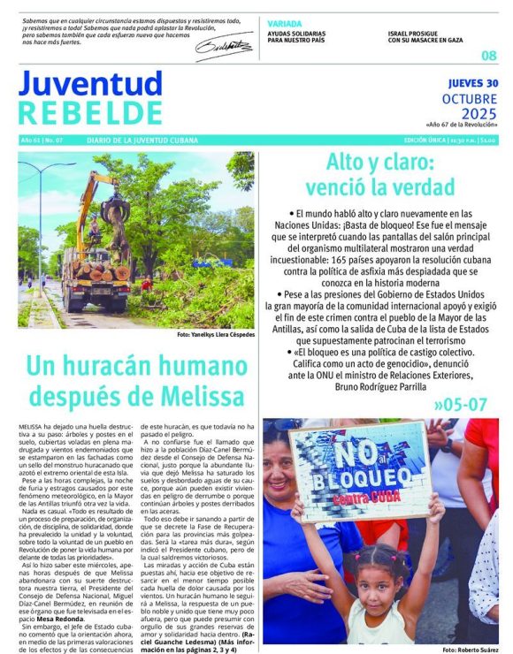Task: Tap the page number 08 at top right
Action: (488, 56)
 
